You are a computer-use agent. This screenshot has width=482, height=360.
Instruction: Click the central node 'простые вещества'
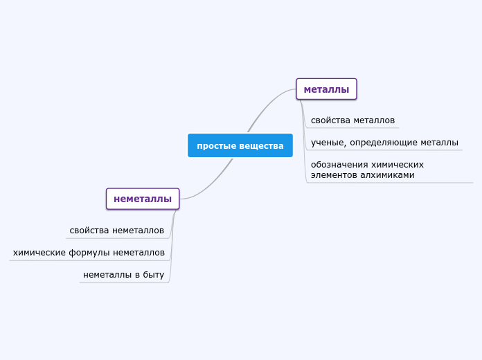[240, 145]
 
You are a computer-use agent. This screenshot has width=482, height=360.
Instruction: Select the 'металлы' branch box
[326, 89]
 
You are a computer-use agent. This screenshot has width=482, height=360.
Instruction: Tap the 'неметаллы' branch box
[143, 199]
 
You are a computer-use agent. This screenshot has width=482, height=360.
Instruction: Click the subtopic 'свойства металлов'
[352, 120]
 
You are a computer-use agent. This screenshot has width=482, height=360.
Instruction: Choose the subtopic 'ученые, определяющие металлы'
[384, 143]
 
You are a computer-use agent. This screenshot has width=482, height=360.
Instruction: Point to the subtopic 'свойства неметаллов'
[116, 230]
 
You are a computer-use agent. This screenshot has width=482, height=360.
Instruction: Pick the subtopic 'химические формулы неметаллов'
[89, 253]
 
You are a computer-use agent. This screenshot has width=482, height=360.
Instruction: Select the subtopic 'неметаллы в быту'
[123, 275]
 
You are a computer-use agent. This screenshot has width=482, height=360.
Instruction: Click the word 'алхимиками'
[391, 175]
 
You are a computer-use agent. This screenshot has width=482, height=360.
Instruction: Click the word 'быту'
[154, 275]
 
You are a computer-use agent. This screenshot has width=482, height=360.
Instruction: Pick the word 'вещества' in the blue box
[262, 145]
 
